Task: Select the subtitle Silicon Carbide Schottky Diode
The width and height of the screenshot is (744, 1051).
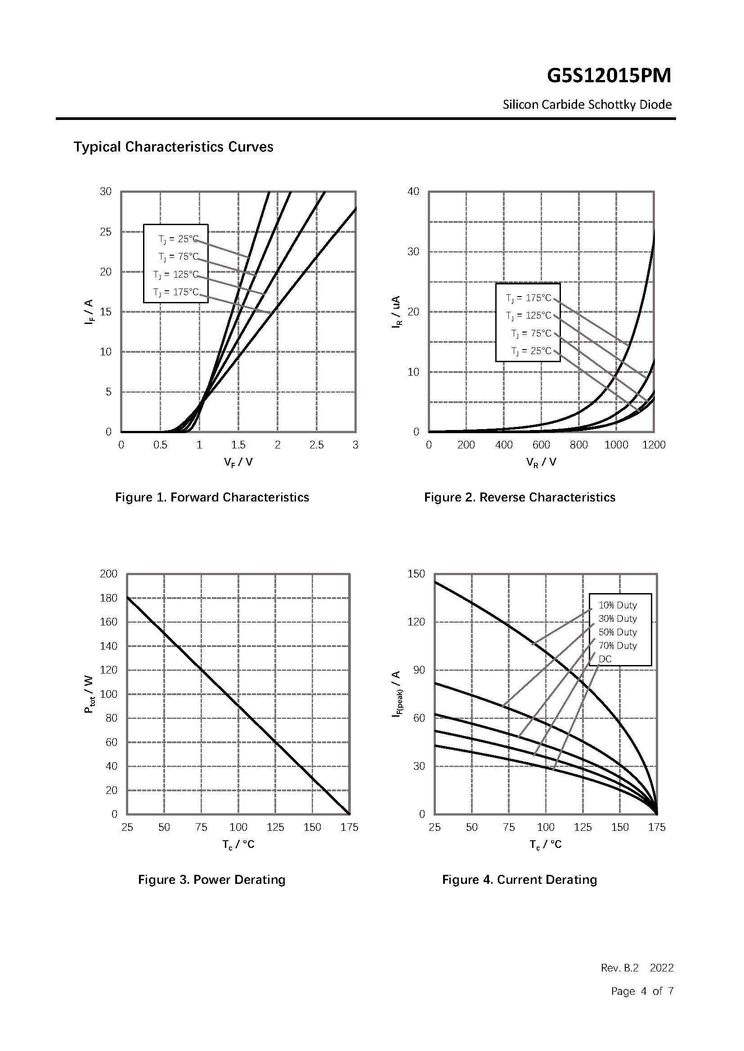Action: tap(587, 105)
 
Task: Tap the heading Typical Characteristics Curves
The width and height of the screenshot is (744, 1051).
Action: tap(174, 147)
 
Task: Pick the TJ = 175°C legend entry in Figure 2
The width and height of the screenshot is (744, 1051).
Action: tap(529, 298)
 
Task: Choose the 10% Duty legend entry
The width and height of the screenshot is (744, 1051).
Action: tap(618, 605)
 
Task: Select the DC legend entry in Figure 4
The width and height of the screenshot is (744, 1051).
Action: tap(605, 659)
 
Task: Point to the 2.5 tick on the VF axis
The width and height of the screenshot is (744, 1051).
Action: tap(317, 445)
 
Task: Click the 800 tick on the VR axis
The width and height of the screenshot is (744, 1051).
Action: tap(578, 445)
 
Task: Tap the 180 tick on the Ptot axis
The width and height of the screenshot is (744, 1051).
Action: tap(108, 598)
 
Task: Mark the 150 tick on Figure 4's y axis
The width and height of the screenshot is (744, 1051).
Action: tap(416, 573)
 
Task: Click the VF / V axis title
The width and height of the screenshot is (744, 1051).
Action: tap(238, 462)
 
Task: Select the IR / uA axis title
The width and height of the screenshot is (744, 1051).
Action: tap(396, 312)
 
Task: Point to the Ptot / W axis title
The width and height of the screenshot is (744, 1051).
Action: tap(89, 694)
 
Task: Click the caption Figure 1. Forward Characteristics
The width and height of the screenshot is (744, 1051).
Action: tap(212, 497)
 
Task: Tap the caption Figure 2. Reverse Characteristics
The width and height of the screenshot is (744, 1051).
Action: tap(520, 497)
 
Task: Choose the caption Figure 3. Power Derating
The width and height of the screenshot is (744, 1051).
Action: tap(212, 879)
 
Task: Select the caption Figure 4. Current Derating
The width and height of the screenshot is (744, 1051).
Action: tap(520, 879)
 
